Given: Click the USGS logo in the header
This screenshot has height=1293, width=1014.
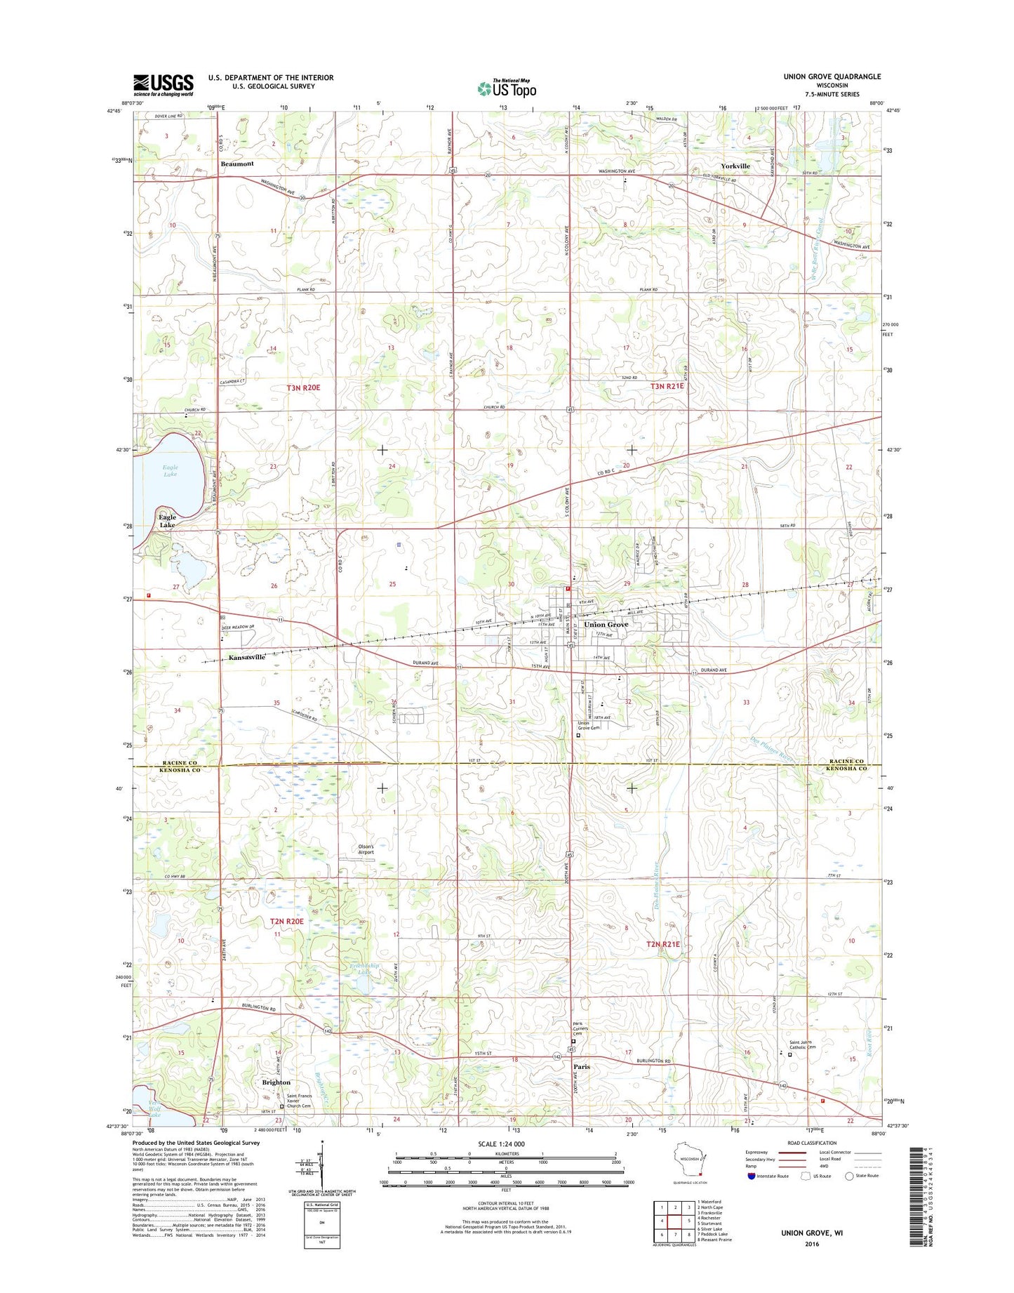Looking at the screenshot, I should (x=163, y=86).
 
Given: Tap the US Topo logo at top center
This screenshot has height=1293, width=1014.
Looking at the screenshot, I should (x=507, y=88).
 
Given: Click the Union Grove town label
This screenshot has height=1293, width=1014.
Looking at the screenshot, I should (x=606, y=624).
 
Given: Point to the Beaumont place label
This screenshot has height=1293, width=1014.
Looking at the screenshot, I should (x=237, y=164).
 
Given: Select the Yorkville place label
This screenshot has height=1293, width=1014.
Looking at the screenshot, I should (x=735, y=166).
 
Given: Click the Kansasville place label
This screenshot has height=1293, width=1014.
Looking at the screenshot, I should (x=247, y=658).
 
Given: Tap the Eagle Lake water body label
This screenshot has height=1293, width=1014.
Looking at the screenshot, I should (x=170, y=471).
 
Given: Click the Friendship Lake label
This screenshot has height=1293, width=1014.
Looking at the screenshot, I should (x=364, y=969).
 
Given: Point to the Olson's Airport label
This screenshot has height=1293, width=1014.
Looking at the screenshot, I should (x=366, y=849).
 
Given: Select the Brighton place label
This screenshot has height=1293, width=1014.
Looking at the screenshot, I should (x=276, y=1082).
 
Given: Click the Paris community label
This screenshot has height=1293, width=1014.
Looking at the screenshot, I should (x=582, y=1066).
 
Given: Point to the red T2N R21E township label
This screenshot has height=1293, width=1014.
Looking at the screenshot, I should (x=662, y=945).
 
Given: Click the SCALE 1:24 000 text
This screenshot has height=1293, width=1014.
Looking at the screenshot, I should (x=506, y=1144).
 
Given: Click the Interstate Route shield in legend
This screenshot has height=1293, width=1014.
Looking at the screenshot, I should (x=751, y=1176).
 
